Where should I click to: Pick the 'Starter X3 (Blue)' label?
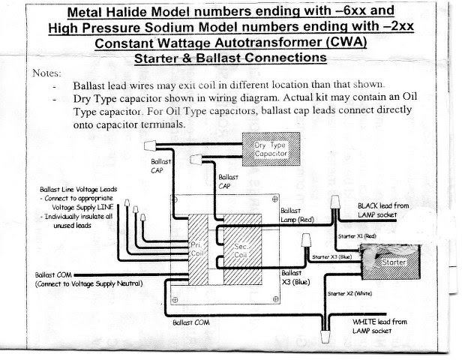(331, 256)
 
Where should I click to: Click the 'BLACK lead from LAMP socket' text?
(382, 208)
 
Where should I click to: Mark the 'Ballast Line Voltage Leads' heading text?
(79, 189)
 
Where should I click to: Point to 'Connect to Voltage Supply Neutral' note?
(88, 283)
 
